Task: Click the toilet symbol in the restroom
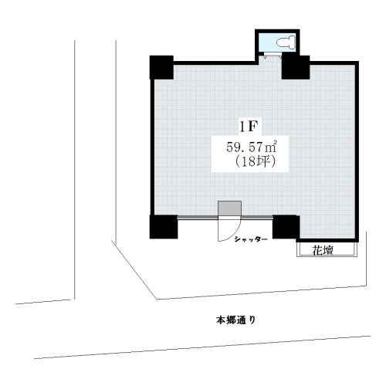(286, 42)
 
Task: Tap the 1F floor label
(249, 127)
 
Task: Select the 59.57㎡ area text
(252, 147)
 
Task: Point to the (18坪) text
(255, 162)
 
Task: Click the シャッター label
(251, 239)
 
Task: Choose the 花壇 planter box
(327, 249)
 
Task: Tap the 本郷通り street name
(235, 320)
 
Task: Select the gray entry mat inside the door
(229, 208)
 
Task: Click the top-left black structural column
(161, 67)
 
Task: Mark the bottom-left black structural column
(164, 227)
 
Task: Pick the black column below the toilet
(296, 67)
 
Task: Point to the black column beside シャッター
(286, 227)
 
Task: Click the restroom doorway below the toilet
(273, 55)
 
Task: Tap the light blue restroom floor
(268, 42)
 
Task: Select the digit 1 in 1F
(242, 127)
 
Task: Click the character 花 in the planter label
(317, 250)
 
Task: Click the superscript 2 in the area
(275, 141)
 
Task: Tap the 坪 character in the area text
(264, 162)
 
